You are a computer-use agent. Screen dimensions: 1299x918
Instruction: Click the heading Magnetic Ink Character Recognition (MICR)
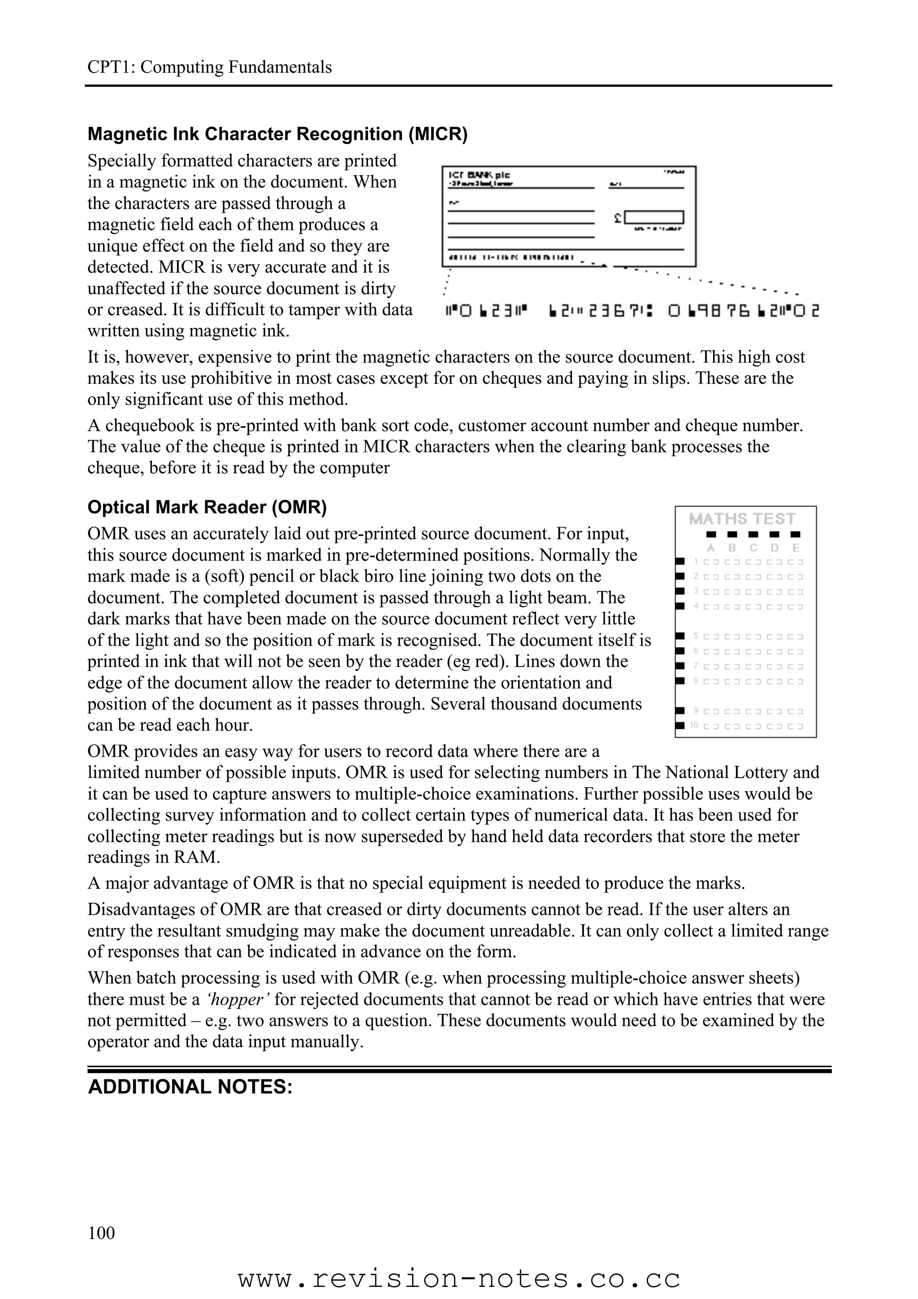pos(277,134)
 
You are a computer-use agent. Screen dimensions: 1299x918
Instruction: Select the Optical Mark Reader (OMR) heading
pos(207,507)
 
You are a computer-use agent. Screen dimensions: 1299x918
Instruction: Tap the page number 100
pos(101,1232)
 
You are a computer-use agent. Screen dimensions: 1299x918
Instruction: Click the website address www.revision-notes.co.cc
pos(459,1279)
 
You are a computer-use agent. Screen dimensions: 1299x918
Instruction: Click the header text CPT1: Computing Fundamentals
pos(209,67)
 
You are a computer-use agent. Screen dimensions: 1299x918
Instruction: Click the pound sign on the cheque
pos(618,217)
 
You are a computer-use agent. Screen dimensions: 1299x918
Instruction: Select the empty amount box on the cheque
pos(654,217)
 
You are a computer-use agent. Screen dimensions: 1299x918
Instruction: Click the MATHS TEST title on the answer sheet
pos(742,519)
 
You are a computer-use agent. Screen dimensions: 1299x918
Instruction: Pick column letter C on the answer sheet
pos(753,548)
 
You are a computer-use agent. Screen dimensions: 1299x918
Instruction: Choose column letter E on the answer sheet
pos(796,548)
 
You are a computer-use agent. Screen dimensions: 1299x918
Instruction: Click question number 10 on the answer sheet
pos(694,725)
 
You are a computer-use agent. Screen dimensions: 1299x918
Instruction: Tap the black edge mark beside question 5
pos(680,636)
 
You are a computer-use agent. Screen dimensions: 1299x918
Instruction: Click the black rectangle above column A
pos(711,534)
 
